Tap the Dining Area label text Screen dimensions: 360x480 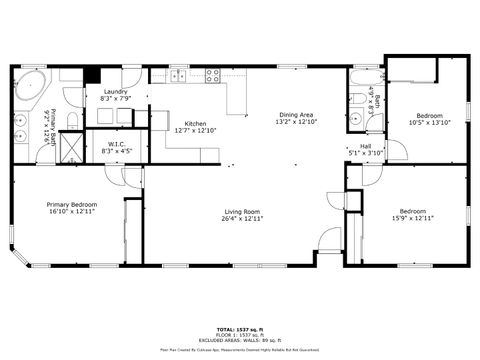pos(295,115)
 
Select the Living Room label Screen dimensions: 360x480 pos(242,211)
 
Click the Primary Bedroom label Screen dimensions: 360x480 pos(71,204)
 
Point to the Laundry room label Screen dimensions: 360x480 pos(115,92)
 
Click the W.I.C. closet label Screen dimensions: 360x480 pos(117,144)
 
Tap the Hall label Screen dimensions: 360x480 pos(366,146)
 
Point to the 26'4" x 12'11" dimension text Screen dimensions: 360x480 pos(242,218)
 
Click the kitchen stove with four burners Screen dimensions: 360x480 pos(213,74)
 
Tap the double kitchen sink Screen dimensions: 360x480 pos(178,75)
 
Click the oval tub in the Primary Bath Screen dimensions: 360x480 pos(28,82)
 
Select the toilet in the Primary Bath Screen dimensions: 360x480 pos(71,121)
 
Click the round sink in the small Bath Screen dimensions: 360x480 pos(356,119)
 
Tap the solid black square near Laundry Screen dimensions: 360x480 pos(91,74)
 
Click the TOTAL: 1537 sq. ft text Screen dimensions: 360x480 pos(240,328)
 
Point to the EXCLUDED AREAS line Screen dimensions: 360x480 pos(240,340)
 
